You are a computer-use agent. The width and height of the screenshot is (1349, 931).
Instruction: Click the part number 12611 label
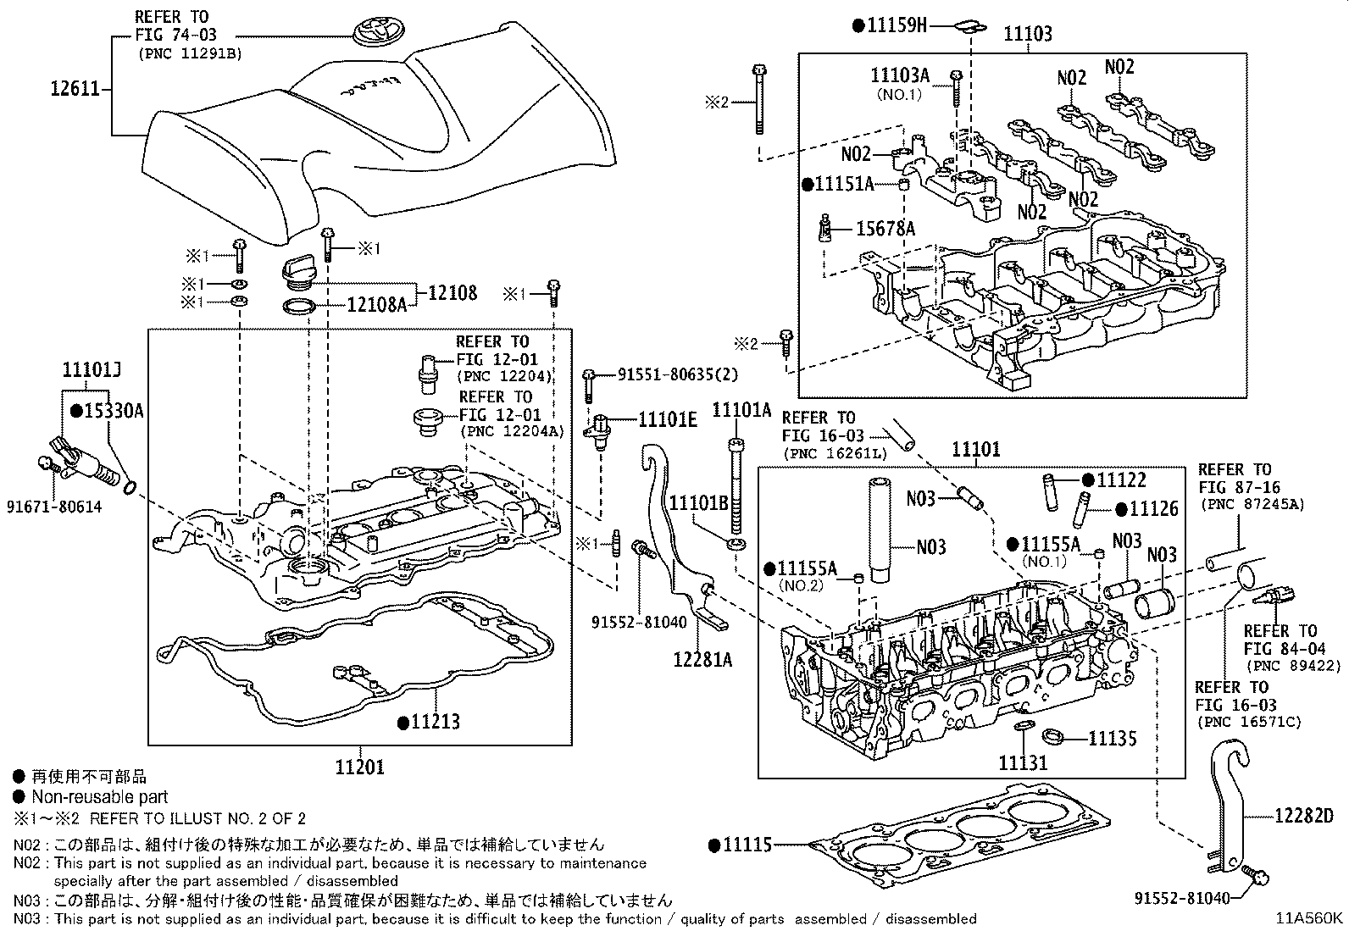click(76, 88)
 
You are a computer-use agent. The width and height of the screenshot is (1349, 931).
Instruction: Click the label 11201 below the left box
click(359, 768)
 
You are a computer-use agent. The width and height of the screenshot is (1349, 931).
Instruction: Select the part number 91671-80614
click(55, 507)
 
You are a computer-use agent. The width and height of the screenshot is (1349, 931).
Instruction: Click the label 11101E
click(667, 418)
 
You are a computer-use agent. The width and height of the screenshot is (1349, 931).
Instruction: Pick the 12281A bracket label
click(703, 658)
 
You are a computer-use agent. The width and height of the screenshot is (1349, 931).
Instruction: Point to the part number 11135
click(1112, 738)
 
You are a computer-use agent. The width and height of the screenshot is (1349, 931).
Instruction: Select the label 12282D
click(1303, 817)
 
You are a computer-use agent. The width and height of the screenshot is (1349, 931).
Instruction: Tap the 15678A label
click(885, 229)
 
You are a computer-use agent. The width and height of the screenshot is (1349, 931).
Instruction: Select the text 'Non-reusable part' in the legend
click(99, 796)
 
